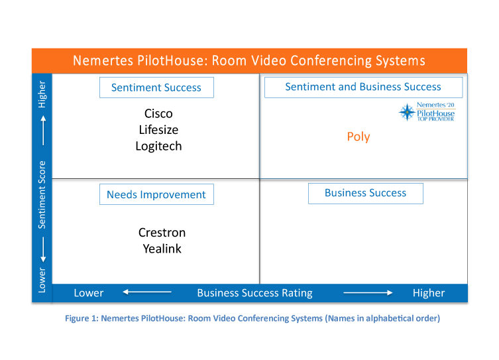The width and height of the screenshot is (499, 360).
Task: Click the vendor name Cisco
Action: point(158,113)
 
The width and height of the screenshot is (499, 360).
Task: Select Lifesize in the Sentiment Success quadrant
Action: point(158,130)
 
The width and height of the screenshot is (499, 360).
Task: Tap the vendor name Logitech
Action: point(158,147)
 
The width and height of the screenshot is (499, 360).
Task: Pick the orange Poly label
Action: point(359,137)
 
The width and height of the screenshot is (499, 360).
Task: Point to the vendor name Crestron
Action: point(162,233)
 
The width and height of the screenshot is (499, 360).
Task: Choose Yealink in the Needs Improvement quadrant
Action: point(162,249)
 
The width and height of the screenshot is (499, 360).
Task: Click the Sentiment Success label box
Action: point(156,88)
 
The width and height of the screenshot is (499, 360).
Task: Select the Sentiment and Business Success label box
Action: point(363,88)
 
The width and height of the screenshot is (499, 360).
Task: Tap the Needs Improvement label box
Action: point(156,194)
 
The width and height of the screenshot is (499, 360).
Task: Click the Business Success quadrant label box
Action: point(366,193)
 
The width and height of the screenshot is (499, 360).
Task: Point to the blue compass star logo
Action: point(407,112)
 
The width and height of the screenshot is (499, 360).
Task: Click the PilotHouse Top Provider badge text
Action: point(435,112)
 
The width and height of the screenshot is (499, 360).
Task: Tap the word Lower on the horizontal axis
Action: point(89,293)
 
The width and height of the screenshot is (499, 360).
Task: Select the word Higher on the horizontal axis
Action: point(429,293)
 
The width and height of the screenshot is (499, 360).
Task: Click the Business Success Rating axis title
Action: point(254,293)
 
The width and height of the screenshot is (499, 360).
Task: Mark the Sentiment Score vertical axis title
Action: point(42,195)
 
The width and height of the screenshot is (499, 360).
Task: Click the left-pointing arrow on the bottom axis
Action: point(147,292)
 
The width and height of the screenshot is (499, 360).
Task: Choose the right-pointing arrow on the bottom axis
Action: point(368,292)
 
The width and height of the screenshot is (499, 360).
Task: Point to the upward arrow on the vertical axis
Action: point(43,130)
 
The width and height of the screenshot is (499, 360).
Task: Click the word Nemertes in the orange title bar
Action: point(103,60)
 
